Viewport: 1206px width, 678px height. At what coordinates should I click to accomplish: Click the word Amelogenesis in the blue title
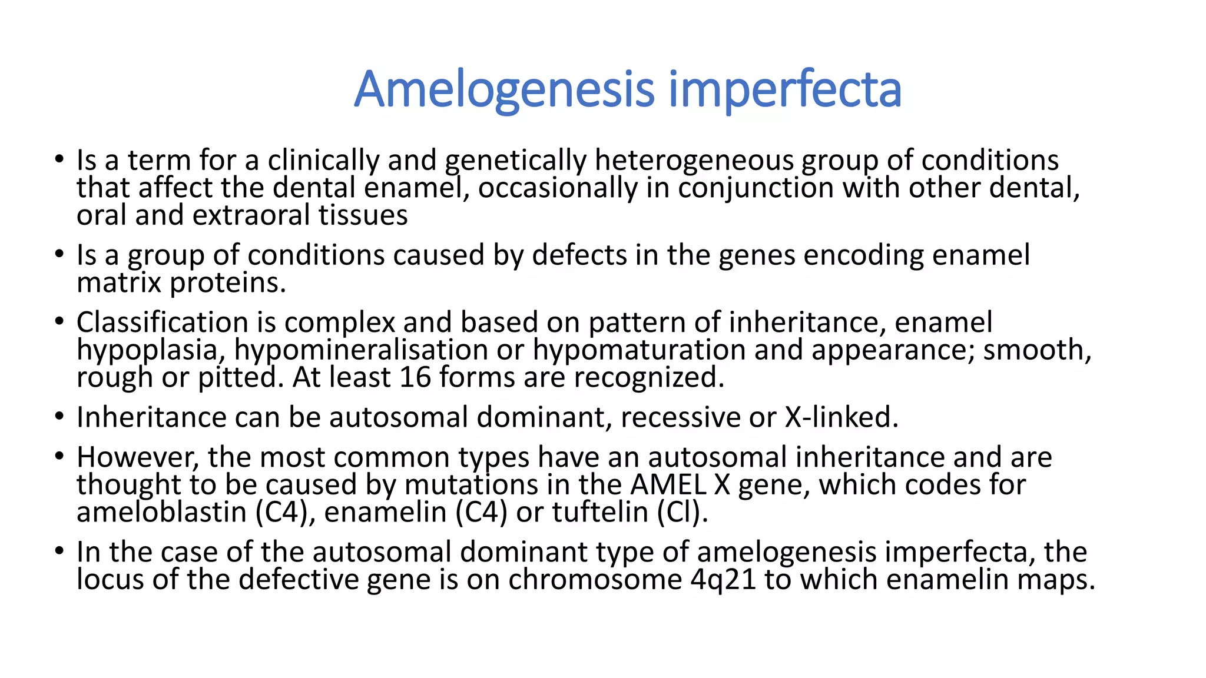tap(504, 89)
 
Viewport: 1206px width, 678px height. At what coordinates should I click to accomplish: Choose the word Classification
tap(162, 323)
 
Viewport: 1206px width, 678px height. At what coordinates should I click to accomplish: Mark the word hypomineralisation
tap(361, 350)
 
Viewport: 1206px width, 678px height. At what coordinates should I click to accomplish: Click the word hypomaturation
tap(639, 350)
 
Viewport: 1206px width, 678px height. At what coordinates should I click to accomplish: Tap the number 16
tap(415, 377)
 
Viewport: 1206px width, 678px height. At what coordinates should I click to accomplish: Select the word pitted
tap(237, 377)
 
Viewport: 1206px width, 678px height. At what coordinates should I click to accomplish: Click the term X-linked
tap(841, 417)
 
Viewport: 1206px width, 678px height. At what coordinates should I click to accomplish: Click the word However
tap(138, 457)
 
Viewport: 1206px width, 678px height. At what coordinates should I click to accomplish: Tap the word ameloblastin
tap(161, 512)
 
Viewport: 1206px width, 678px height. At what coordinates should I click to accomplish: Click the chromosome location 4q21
tap(723, 580)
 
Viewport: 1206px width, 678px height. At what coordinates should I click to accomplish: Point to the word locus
tap(110, 580)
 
